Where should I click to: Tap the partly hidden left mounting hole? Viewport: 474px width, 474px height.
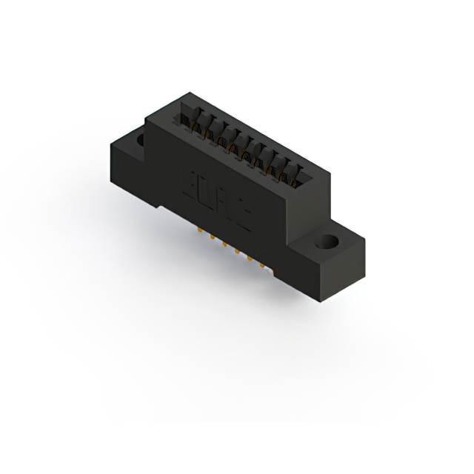click(x=140, y=138)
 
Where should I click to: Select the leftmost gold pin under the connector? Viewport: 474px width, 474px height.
click(x=200, y=230)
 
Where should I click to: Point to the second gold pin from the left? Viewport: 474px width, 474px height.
click(x=213, y=237)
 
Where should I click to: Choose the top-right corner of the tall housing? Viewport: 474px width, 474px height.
click(x=330, y=172)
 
